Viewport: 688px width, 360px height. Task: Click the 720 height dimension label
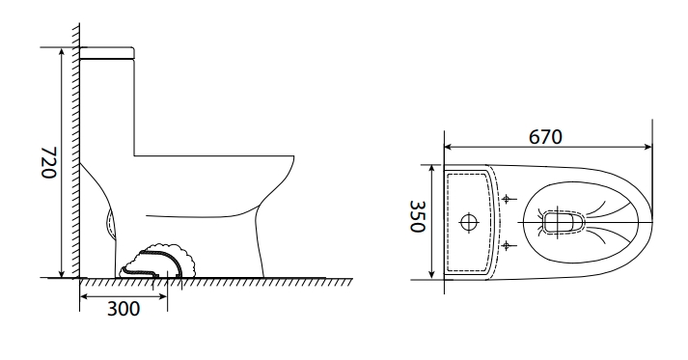click(x=48, y=162)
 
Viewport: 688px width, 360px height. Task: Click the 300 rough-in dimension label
click(x=124, y=309)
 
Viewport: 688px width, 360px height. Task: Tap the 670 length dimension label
click(x=545, y=137)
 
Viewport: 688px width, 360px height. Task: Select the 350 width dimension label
click(x=418, y=216)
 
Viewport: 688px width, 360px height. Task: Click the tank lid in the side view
click(x=107, y=53)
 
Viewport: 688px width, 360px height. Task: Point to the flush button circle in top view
click(x=469, y=222)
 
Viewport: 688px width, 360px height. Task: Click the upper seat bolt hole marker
click(x=507, y=199)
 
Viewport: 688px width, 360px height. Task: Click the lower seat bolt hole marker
click(x=507, y=245)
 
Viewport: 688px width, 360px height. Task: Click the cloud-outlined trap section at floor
click(x=158, y=262)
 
